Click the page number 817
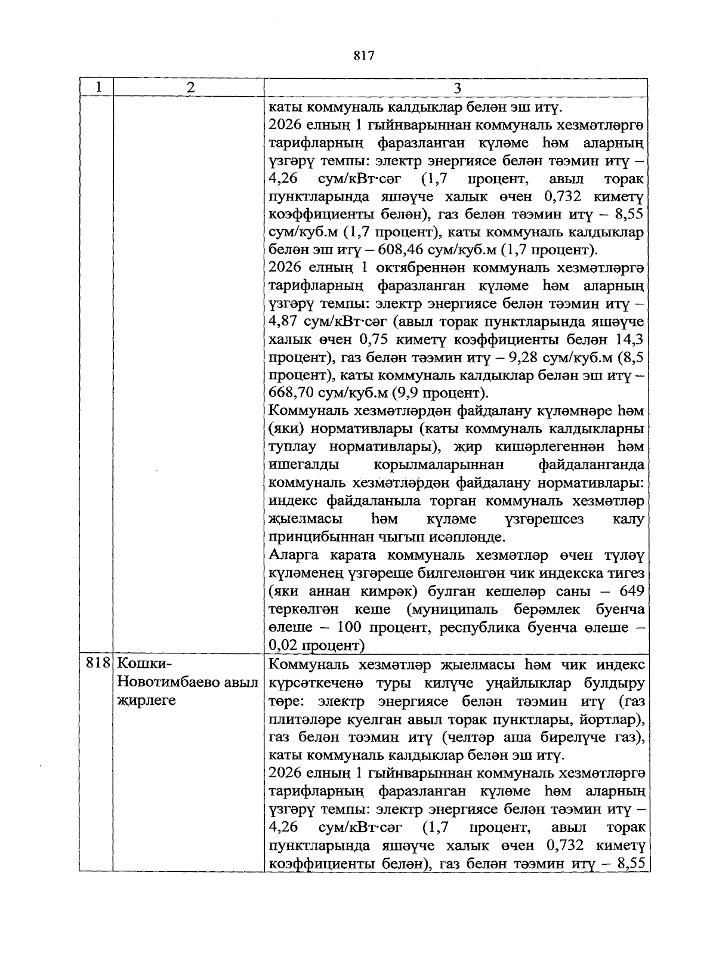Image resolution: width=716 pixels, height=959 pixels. pos(363,56)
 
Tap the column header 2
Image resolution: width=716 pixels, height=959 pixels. pos(189,87)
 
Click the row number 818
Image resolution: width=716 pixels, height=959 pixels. pos(97,664)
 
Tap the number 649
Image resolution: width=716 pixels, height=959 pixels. pos(631,591)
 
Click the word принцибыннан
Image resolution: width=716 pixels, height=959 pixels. pos(317,537)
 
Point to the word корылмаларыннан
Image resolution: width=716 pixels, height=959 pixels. pos(439,465)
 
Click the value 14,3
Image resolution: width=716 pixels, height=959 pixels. pos(629,340)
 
